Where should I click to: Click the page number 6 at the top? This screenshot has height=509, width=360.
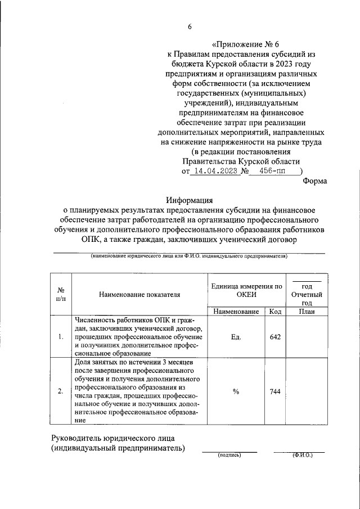[x=190, y=26]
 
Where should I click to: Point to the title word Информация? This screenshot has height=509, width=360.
[x=189, y=200]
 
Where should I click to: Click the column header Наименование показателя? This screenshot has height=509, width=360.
[x=139, y=294]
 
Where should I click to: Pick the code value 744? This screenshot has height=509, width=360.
[x=275, y=392]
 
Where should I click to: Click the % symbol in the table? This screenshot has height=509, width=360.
[x=236, y=392]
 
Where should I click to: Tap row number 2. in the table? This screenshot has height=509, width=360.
[x=61, y=392]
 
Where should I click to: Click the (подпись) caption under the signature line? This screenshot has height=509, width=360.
[x=229, y=455]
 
